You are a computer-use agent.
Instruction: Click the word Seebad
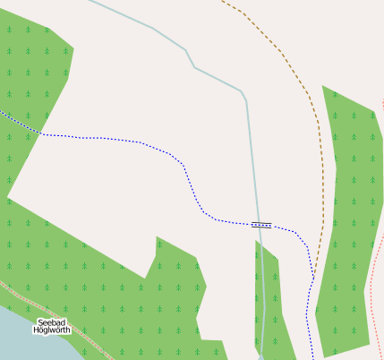[51, 321]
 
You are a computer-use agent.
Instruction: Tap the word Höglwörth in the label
[51, 330]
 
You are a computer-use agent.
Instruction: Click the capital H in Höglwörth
[36, 330]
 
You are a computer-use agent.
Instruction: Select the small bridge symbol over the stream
[261, 225]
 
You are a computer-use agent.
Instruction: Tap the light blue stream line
[215, 76]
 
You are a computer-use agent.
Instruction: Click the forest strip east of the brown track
[349, 224]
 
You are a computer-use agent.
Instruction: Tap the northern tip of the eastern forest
[323, 87]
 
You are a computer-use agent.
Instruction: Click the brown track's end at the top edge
[222, 1]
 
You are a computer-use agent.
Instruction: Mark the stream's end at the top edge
[90, 1]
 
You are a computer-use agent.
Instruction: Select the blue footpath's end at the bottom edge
[312, 357]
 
